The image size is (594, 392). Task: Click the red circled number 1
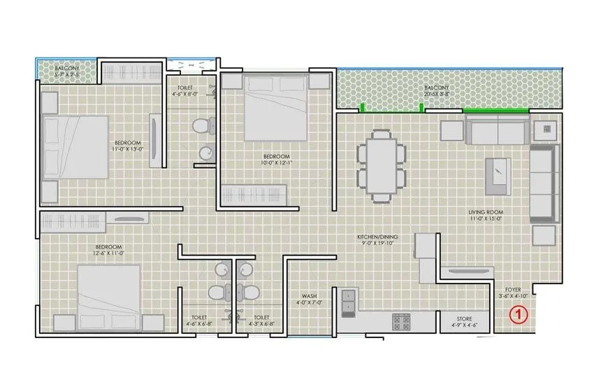coord(518,316)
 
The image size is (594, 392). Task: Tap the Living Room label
coord(486,216)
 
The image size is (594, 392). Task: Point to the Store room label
coord(464,322)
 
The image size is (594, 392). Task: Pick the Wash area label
coord(310,299)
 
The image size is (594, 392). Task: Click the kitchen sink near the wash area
coord(347,302)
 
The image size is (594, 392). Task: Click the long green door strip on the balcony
coord(485,110)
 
